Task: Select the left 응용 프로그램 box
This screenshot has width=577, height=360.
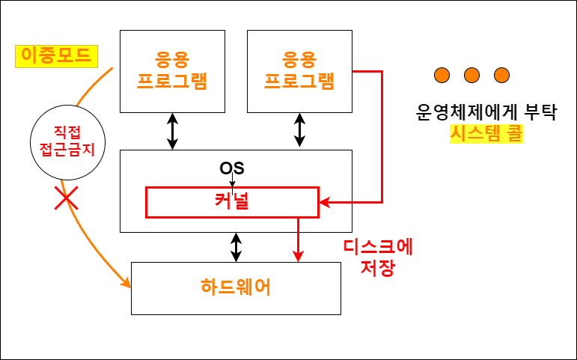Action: click(x=173, y=71)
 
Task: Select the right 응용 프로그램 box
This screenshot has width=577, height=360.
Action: click(x=299, y=71)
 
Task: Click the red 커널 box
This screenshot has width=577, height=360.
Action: click(x=232, y=202)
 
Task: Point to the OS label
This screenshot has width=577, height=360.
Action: click(x=232, y=168)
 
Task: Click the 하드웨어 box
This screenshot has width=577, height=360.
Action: click(x=236, y=287)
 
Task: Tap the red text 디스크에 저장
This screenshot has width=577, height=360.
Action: click(x=378, y=256)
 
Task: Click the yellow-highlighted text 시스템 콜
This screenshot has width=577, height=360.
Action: click(x=486, y=134)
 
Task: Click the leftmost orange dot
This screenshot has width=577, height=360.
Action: click(x=442, y=75)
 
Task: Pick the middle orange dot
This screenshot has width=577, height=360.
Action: click(x=471, y=75)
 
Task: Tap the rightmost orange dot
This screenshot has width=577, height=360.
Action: click(x=501, y=75)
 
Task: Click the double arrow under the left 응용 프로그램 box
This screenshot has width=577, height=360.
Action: click(x=173, y=131)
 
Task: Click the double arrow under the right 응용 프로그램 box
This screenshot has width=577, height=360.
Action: click(x=300, y=131)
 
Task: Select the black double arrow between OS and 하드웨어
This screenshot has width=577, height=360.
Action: click(x=236, y=247)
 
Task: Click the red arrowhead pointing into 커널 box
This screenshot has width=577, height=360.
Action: click(x=325, y=202)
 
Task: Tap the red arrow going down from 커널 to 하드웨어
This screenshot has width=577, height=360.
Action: click(x=299, y=240)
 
